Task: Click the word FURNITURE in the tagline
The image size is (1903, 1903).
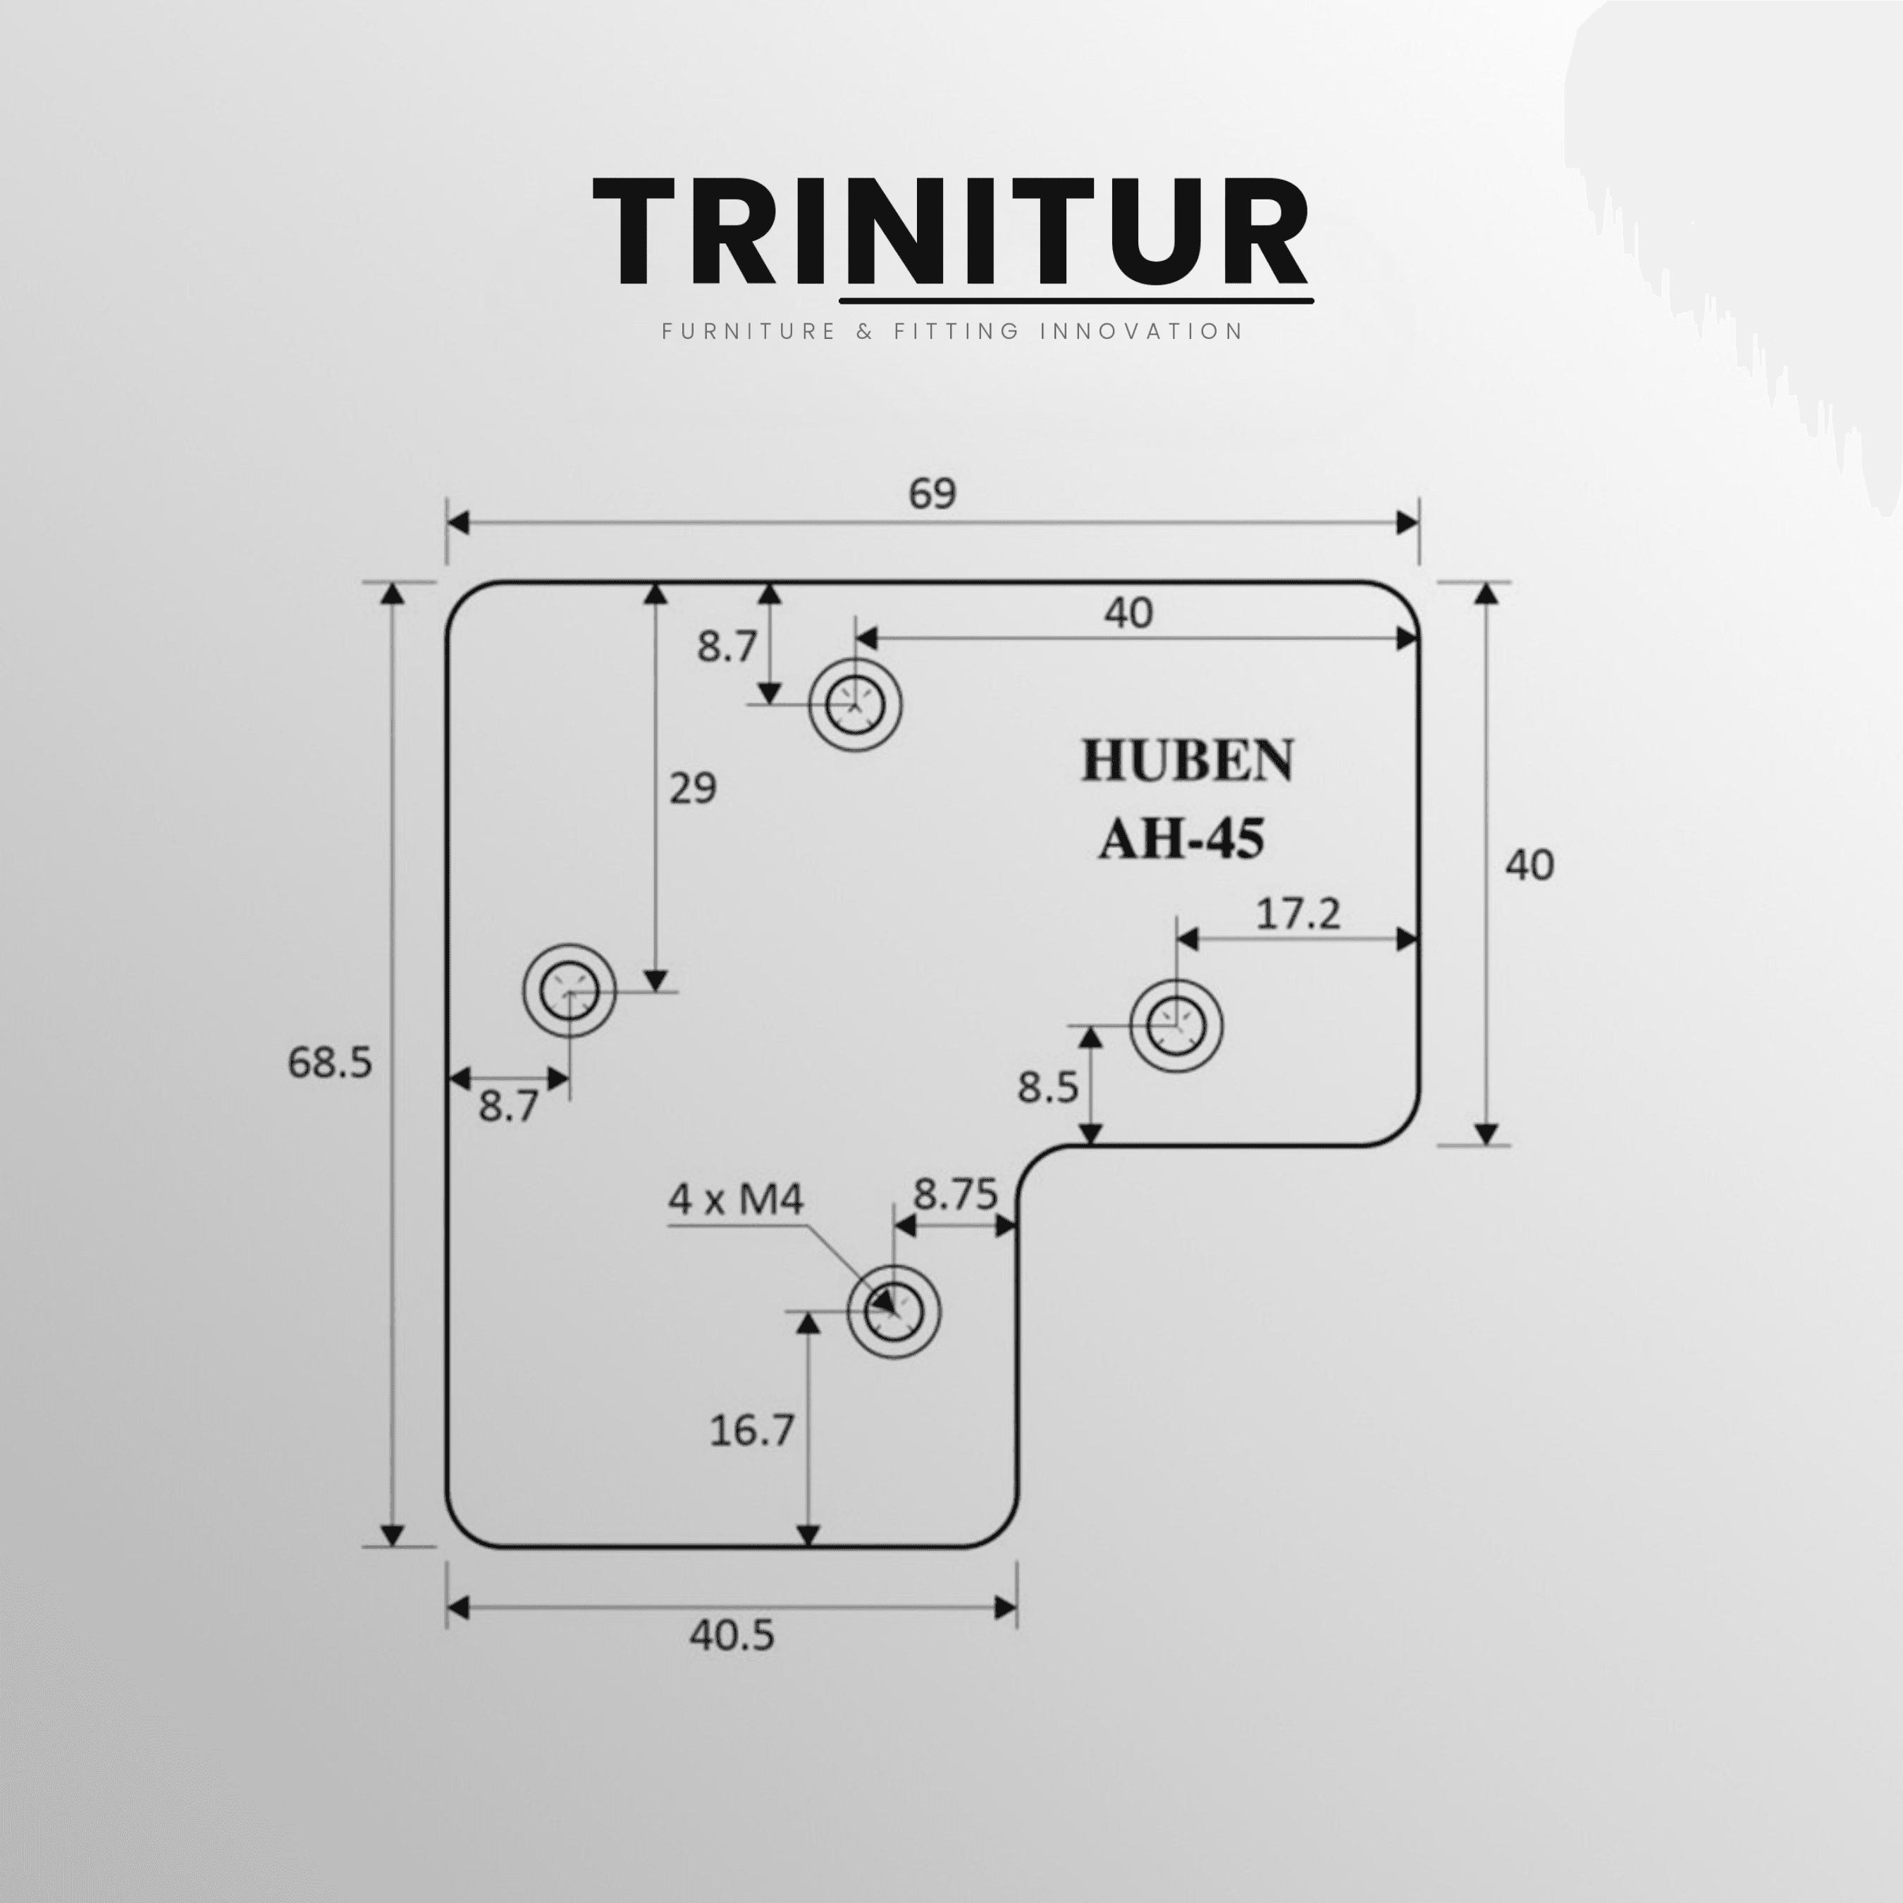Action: [x=749, y=331]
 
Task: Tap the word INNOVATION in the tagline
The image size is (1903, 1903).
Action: [x=1142, y=331]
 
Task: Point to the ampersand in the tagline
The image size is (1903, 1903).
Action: [x=865, y=331]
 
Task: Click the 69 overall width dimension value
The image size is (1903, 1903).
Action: [x=932, y=493]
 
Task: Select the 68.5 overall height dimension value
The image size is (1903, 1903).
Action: [x=330, y=1063]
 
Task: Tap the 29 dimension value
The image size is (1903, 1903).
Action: [x=692, y=788]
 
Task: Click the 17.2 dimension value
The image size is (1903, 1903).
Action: [x=1298, y=915]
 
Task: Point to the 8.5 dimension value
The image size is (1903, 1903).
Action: [x=1048, y=1088]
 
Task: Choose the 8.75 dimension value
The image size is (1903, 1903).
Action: [x=956, y=1194]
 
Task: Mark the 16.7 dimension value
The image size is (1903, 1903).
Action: [x=751, y=1430]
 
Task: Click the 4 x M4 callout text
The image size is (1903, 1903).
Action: [x=736, y=1199]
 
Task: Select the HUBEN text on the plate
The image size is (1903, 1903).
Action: [x=1187, y=760]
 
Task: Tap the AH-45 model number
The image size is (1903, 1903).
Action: [x=1181, y=839]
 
